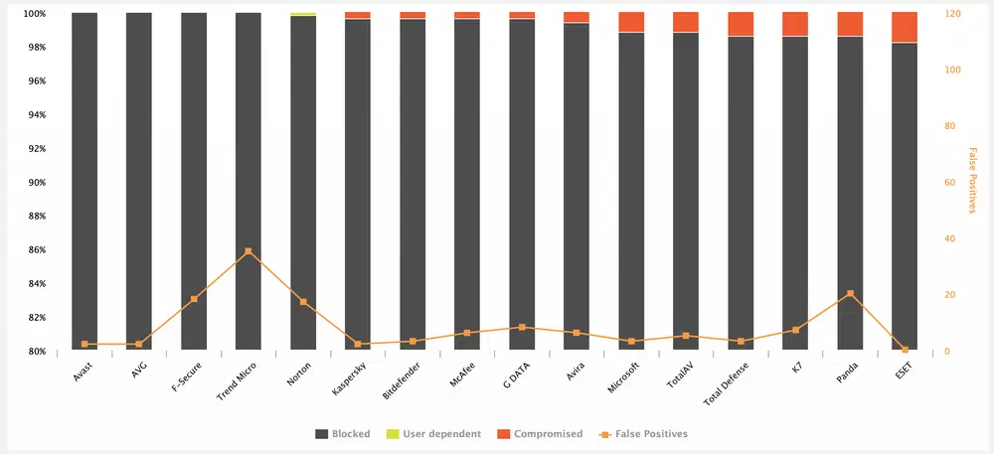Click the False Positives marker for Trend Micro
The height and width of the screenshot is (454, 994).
click(x=248, y=252)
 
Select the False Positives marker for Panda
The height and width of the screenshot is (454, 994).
click(x=850, y=294)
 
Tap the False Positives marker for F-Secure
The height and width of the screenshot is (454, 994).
click(x=194, y=299)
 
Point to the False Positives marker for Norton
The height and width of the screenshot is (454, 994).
click(x=303, y=302)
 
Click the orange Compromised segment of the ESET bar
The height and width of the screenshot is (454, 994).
click(x=905, y=27)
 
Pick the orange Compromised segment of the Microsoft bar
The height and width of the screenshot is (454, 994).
click(x=631, y=22)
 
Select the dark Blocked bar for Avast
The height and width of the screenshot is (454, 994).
click(x=84, y=179)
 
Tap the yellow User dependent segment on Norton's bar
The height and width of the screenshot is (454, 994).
click(x=303, y=15)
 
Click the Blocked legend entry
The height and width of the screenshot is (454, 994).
click(x=343, y=434)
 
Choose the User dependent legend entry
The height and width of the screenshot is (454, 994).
click(x=438, y=434)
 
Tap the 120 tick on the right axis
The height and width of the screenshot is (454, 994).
click(x=952, y=14)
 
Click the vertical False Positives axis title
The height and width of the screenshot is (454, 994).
click(x=972, y=182)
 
